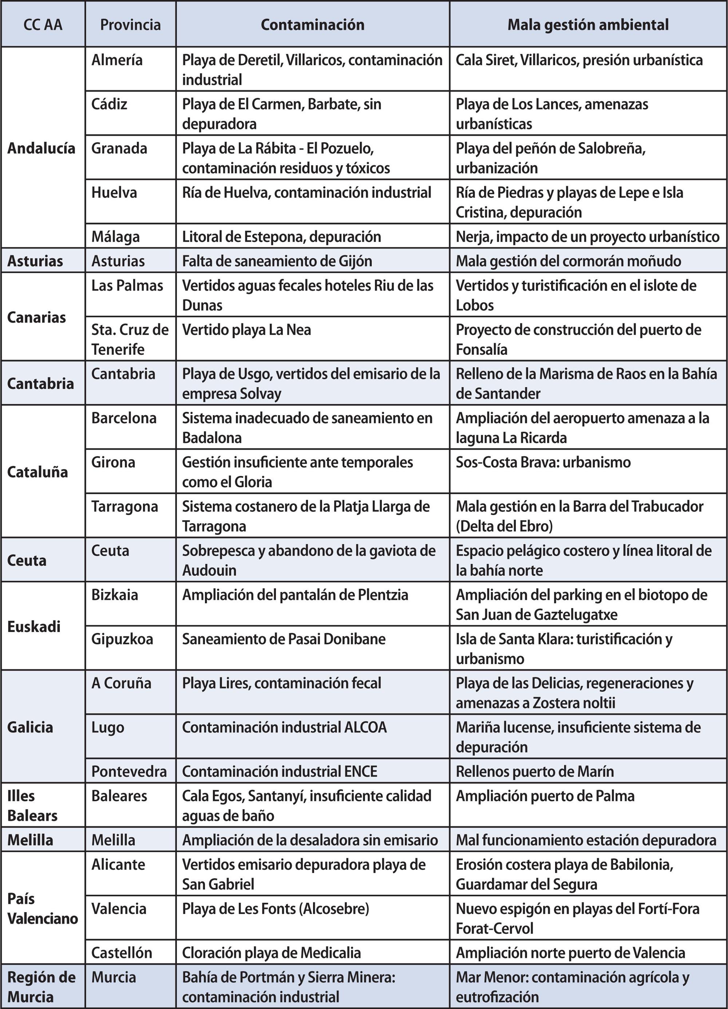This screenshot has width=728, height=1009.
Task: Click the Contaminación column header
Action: click(x=312, y=24)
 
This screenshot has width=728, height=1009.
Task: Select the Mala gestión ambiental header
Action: click(x=588, y=24)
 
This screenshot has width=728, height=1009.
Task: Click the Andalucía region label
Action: click(x=41, y=148)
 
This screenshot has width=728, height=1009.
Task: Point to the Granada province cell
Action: click(x=119, y=148)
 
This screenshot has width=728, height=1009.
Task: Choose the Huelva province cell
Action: click(x=114, y=192)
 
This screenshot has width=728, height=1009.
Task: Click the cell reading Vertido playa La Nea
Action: click(x=246, y=330)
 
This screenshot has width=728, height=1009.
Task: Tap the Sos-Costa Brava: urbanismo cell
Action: click(x=543, y=462)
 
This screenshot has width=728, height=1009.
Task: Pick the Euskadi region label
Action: click(x=34, y=627)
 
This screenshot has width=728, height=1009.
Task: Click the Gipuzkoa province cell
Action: click(x=122, y=639)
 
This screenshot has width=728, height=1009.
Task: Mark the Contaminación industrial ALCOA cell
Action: click(x=284, y=727)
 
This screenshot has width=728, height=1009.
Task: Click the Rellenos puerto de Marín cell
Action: click(x=534, y=771)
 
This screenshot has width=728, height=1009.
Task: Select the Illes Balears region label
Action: click(x=32, y=805)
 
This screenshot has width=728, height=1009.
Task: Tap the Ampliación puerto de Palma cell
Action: click(x=545, y=795)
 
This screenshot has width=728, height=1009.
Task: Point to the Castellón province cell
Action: click(x=122, y=953)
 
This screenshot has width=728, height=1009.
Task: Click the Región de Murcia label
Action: click(x=41, y=987)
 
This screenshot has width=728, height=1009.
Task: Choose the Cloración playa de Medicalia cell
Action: click(x=272, y=953)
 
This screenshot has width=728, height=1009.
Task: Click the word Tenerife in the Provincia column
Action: click(x=118, y=349)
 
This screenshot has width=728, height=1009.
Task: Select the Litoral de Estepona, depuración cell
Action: click(x=281, y=236)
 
